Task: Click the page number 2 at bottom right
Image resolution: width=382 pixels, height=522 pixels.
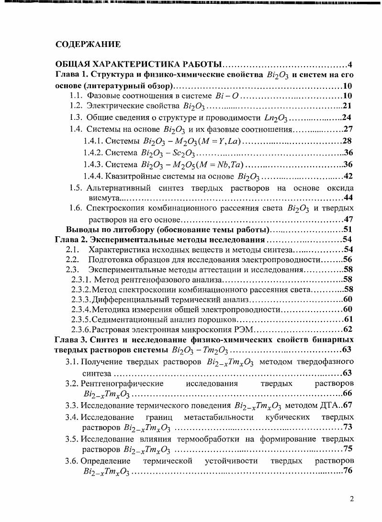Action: click(352, 499)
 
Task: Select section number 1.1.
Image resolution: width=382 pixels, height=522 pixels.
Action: click(77, 95)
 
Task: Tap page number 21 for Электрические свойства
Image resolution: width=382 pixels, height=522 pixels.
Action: click(348, 106)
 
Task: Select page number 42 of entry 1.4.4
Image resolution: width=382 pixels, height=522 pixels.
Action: click(348, 176)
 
